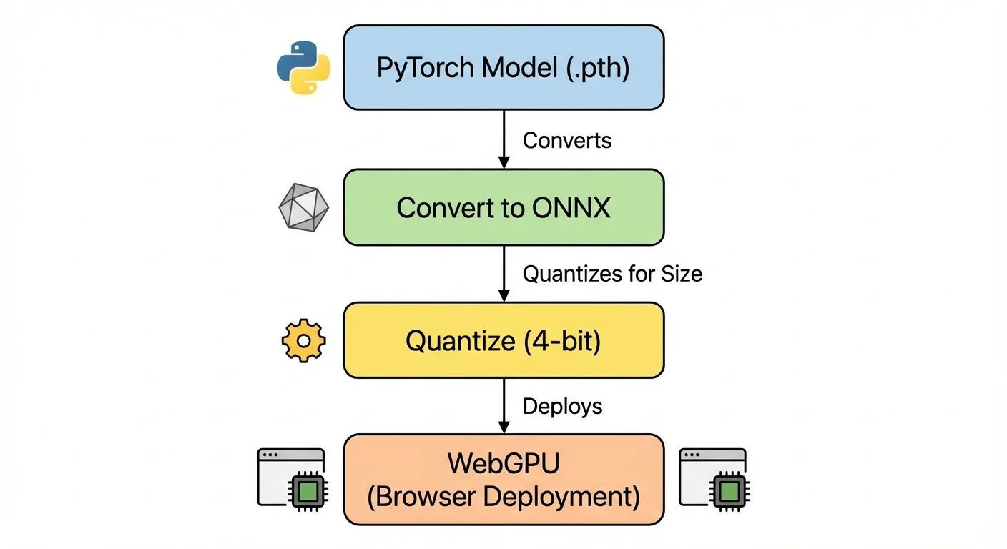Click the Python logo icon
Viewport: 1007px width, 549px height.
303,68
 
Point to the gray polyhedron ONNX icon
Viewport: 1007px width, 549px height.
303,208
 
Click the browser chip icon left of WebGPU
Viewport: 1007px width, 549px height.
291,478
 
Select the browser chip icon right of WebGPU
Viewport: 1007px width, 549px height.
713,478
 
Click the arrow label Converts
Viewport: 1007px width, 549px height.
567,140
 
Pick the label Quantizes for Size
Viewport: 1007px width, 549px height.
612,273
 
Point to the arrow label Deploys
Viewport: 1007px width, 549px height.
562,406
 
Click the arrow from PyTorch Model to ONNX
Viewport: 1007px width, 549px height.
503,139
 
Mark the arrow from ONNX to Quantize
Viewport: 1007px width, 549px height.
503,272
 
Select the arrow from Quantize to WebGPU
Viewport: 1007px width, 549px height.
503,405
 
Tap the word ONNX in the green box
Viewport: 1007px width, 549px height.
571,208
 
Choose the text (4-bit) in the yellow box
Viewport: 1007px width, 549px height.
562,341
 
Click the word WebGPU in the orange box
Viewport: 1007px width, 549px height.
503,463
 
